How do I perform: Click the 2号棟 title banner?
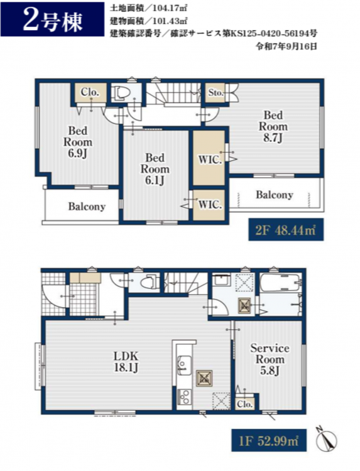pyautogui.click(x=52, y=19)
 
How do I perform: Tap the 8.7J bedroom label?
pyautogui.click(x=273, y=126)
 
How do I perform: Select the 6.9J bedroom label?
pyautogui.click(x=77, y=142)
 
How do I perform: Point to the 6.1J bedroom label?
pyautogui.click(x=155, y=169)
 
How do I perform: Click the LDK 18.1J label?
pyautogui.click(x=126, y=362)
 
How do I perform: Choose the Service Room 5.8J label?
pyautogui.click(x=270, y=359)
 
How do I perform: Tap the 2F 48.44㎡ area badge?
pyautogui.click(x=286, y=229)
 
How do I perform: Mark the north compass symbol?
pyautogui.click(x=326, y=437)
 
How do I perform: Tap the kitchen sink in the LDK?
pyautogui.click(x=183, y=365)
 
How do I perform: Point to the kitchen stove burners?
pyautogui.click(x=183, y=397)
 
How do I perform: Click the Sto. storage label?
pyautogui.click(x=215, y=93)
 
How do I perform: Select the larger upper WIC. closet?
pyautogui.click(x=209, y=158)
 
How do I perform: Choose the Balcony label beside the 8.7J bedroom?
pyautogui.click(x=274, y=195)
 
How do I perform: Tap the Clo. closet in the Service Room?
pyautogui.click(x=244, y=404)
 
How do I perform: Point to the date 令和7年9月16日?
pyautogui.click(x=286, y=46)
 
